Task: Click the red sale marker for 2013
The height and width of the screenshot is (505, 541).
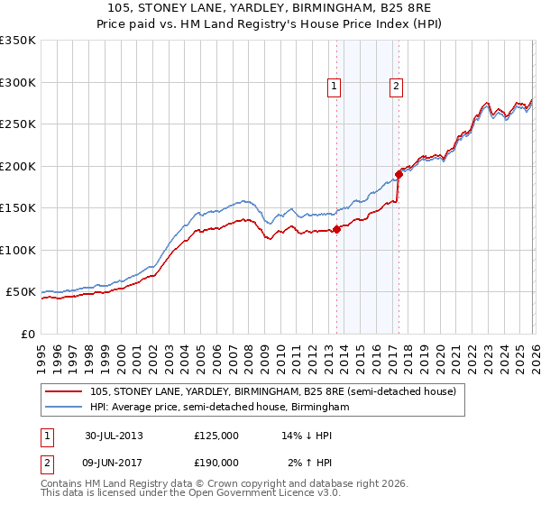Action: (336, 229)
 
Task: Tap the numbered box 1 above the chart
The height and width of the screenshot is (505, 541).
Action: (335, 87)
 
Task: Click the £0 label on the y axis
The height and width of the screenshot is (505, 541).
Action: (27, 334)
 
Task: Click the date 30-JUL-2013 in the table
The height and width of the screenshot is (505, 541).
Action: (114, 435)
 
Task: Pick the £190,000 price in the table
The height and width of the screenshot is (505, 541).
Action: (215, 462)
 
